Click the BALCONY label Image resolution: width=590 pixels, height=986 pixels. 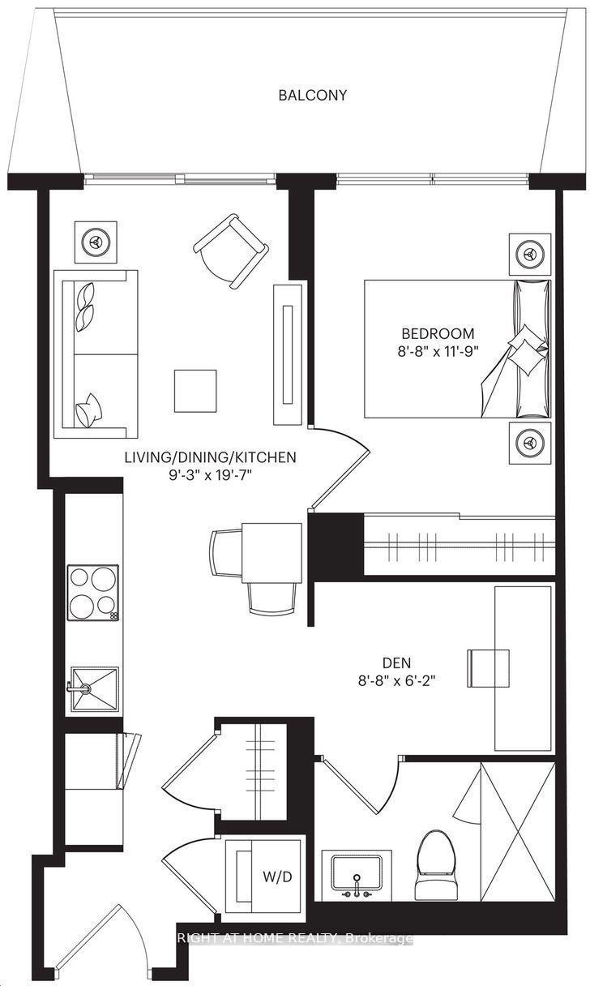312,95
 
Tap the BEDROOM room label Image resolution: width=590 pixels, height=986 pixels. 438,333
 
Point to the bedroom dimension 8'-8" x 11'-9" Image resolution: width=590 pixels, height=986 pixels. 438,352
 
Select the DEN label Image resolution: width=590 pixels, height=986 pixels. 396,662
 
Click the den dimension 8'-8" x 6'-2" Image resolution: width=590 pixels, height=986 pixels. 396,681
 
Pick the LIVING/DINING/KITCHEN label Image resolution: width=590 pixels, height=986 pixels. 210,457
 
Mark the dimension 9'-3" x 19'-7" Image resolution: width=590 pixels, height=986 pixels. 210,476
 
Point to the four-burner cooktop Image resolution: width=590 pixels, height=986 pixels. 93,593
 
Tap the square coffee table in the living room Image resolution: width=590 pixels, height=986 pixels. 195,391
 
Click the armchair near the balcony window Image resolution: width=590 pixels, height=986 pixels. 231,251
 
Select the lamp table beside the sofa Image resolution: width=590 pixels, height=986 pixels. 96,242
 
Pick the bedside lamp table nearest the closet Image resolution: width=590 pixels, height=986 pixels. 530,443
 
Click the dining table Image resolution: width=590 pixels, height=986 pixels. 271,552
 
